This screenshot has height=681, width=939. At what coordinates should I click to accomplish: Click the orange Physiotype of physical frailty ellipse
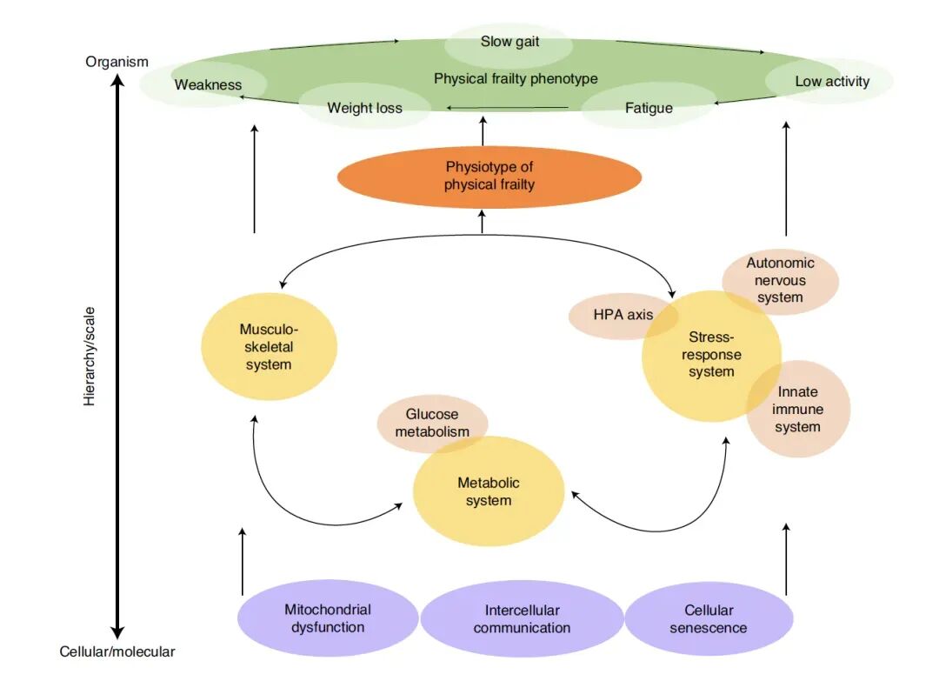[x=489, y=177]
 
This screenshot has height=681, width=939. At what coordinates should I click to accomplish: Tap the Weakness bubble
[x=208, y=84]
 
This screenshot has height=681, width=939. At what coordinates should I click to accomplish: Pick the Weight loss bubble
[x=364, y=108]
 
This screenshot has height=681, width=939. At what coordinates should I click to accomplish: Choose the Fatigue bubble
[x=649, y=108]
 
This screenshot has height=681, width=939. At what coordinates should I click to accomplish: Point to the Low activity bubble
[x=831, y=82]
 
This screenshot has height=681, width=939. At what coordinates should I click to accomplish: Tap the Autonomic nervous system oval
[x=780, y=280]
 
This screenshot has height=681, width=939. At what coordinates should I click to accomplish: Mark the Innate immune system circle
[x=798, y=409]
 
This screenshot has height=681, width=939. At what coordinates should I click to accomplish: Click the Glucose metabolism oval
[x=432, y=423]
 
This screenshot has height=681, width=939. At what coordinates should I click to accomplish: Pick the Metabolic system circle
[x=489, y=492]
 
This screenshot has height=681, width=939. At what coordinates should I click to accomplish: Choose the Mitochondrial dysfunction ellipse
[x=328, y=618]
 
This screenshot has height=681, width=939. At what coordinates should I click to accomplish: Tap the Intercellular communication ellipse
[x=522, y=618]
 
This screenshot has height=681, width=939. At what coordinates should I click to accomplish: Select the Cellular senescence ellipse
[x=709, y=618]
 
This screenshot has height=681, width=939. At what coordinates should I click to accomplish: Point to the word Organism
[x=117, y=62]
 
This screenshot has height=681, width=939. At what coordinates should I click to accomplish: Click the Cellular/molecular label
[x=117, y=651]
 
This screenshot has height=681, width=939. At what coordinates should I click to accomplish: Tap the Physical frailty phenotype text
[x=516, y=78]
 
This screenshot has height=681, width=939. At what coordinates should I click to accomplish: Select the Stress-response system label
[x=711, y=355]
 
